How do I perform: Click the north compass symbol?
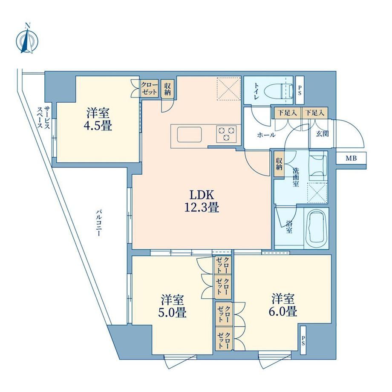27,40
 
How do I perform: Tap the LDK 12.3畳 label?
202,201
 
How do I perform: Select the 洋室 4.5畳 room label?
98,119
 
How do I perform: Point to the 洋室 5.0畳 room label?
172,306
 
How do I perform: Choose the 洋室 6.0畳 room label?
283,305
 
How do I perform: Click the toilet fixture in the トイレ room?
280,90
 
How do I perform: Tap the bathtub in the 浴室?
316,228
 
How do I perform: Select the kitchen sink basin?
189,135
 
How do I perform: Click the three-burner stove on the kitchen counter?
226,134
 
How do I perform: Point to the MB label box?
351,158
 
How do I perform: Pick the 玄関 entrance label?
322,134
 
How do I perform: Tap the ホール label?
266,135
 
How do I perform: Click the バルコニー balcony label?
98,223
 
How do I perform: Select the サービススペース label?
43,117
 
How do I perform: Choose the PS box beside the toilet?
300,90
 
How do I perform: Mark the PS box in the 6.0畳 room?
303,340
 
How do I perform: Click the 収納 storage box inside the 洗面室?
279,164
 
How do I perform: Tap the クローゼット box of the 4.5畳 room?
150,88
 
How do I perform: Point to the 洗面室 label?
296,178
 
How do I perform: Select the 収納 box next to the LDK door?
167,88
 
